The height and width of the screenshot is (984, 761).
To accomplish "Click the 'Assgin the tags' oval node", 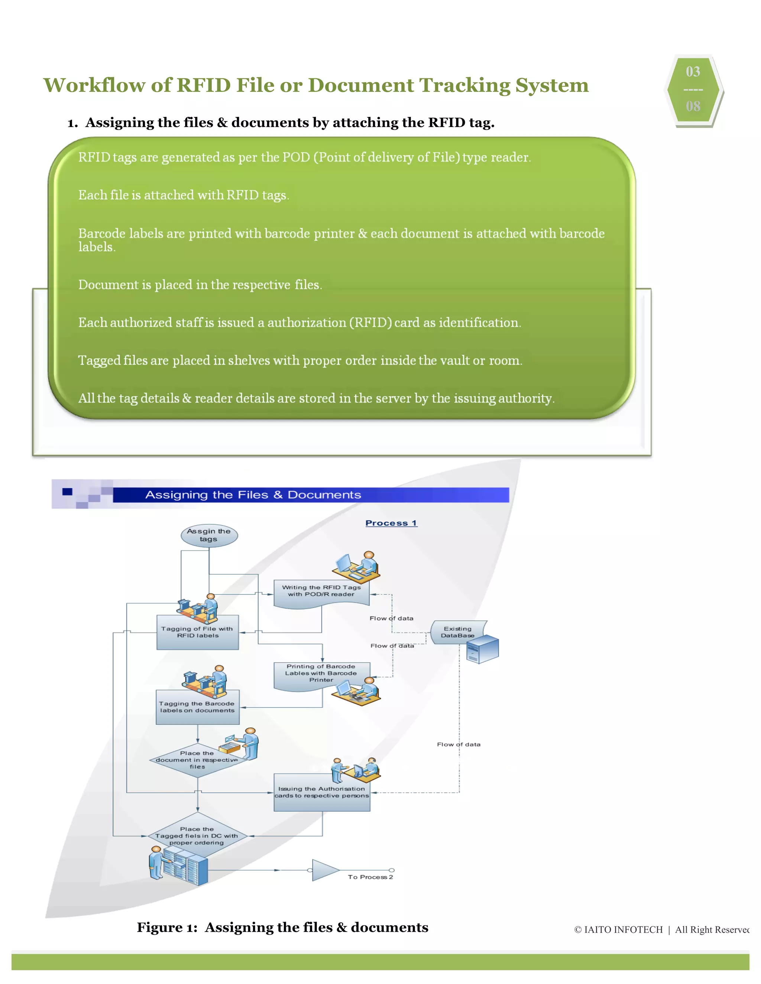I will (209, 535).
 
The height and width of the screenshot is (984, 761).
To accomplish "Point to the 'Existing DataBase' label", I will (457, 632).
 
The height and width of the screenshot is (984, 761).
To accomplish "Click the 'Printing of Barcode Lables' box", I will (321, 673).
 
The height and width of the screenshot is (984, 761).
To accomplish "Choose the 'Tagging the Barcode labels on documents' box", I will (197, 707).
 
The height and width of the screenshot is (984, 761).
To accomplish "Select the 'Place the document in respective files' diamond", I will (197, 760).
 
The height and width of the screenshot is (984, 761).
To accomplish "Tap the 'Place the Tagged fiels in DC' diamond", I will (197, 836).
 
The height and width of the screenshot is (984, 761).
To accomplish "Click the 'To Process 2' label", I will (370, 877).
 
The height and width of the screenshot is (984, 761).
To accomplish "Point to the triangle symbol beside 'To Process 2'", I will (324, 870).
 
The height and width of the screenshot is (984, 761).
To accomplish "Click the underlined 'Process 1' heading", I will (391, 523).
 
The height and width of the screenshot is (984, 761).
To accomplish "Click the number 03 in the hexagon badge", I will (693, 72).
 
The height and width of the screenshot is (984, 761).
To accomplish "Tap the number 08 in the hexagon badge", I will (693, 106).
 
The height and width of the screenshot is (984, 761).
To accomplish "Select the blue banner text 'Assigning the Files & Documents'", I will (253, 495).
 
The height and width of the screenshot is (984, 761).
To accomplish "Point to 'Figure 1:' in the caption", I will (167, 927).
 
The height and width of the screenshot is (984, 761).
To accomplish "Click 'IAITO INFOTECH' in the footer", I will (623, 930).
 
